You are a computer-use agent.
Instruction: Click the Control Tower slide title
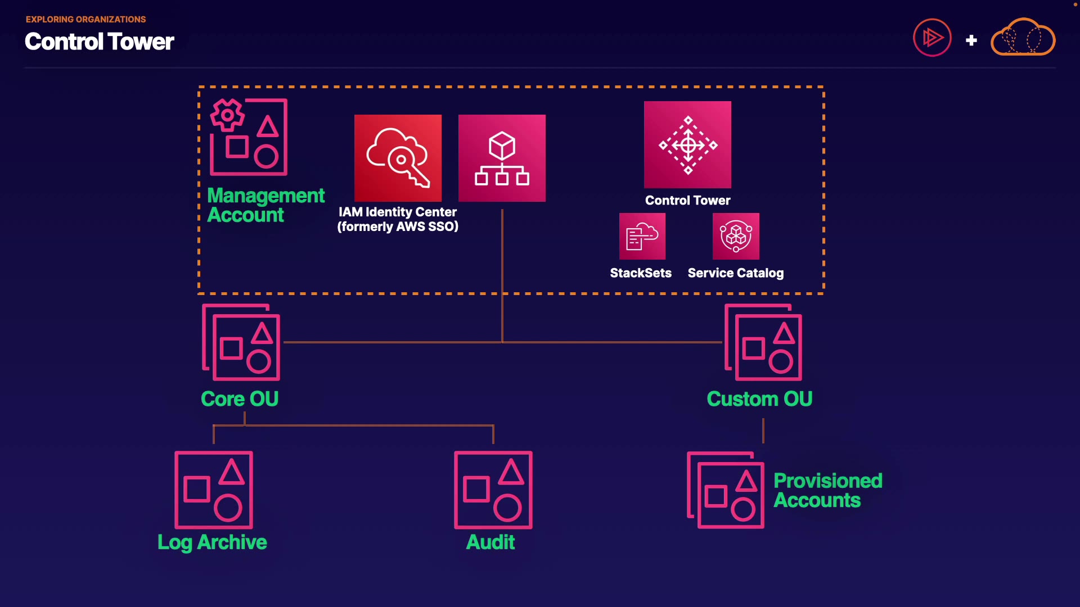pyautogui.click(x=100, y=42)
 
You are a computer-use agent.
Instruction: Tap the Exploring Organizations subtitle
pyautogui.click(x=85, y=19)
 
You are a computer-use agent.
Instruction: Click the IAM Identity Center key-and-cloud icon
pyautogui.click(x=398, y=158)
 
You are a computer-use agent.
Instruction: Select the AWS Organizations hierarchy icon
pyautogui.click(x=502, y=158)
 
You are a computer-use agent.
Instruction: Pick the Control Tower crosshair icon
pyautogui.click(x=687, y=144)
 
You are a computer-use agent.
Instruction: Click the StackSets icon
pyautogui.click(x=642, y=236)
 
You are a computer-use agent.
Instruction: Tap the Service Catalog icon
pyautogui.click(x=736, y=236)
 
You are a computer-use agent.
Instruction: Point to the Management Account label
pyautogui.click(x=265, y=205)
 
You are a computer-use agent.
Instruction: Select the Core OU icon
pyautogui.click(x=241, y=342)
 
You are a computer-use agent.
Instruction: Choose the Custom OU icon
pyautogui.click(x=763, y=342)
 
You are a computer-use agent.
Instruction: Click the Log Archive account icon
pyautogui.click(x=214, y=490)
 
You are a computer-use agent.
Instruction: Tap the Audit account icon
pyautogui.click(x=493, y=490)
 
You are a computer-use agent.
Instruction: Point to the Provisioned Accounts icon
pyautogui.click(x=726, y=490)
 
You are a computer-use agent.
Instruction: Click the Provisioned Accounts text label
pyautogui.click(x=827, y=491)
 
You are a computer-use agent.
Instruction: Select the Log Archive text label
pyautogui.click(x=212, y=542)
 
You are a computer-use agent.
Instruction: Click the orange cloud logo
pyautogui.click(x=1023, y=38)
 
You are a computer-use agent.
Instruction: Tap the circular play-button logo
pyautogui.click(x=932, y=38)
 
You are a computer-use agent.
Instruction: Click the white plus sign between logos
pyautogui.click(x=971, y=40)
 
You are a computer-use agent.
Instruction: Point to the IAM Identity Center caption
pyautogui.click(x=398, y=219)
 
